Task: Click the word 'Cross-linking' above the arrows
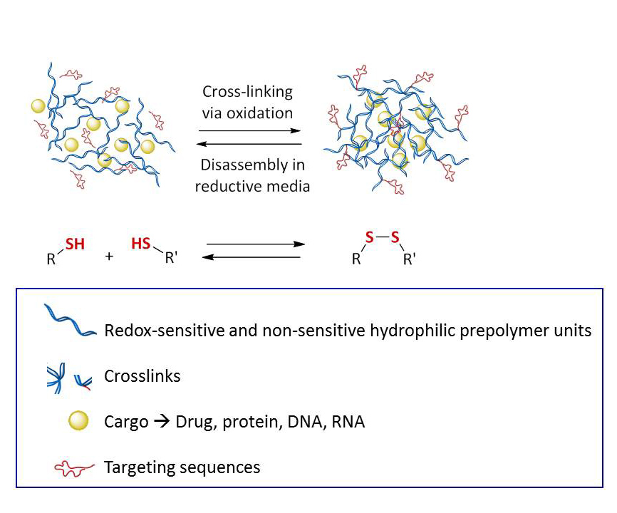[247, 92]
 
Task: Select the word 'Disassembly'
[244, 165]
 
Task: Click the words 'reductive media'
[253, 186]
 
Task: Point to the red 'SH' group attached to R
[75, 244]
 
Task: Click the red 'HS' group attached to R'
[141, 244]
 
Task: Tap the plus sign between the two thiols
[109, 256]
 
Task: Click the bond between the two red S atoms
[382, 237]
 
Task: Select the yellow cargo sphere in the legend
[78, 420]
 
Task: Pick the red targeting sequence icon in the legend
[74, 468]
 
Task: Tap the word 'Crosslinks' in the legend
[142, 376]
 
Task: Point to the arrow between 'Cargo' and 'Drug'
[162, 422]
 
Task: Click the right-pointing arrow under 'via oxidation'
[249, 130]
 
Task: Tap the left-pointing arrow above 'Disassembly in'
[249, 144]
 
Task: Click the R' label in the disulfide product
[409, 259]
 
